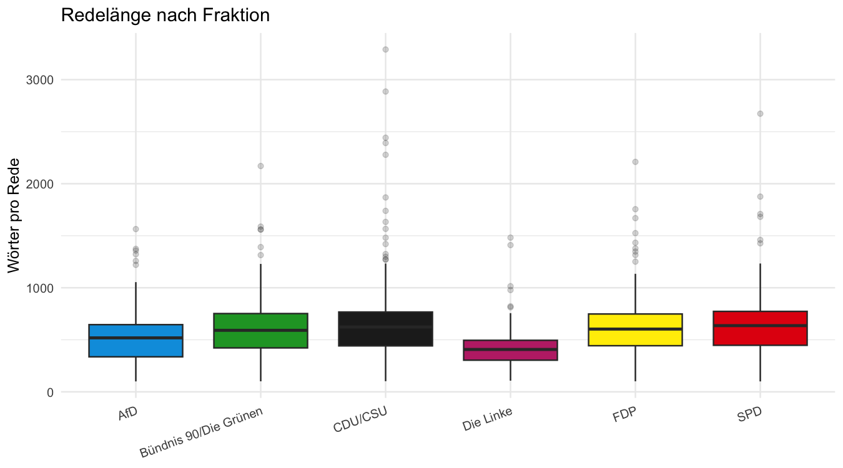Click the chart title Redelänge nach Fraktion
coord(165,16)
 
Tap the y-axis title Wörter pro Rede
coord(14,215)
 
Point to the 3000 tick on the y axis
coord(39,80)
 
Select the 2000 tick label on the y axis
coord(39,184)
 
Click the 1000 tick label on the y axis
coord(39,288)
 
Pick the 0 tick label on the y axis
coord(50,392)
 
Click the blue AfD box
coord(136,341)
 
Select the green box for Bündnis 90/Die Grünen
coord(261,331)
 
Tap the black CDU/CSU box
coord(385,329)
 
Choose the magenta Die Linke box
coord(510,350)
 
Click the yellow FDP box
coord(635,329)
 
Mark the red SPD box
coord(760,328)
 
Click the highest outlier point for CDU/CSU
coord(385,49)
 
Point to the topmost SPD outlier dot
coord(760,114)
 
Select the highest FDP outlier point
coord(635,162)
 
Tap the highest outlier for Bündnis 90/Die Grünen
coord(260,166)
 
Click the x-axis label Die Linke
coord(487,419)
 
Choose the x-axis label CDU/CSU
coord(360,419)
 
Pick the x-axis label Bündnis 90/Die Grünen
coord(201,432)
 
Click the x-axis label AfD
coord(128,414)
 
